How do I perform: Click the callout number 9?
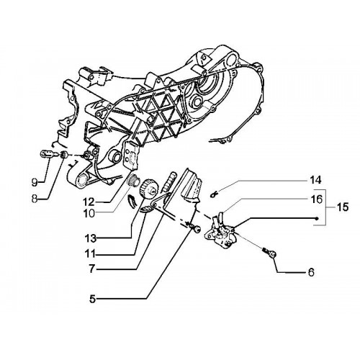click(x=35, y=183)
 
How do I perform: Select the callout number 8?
click(x=35, y=199)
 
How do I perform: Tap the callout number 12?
click(x=89, y=202)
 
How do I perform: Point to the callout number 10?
click(x=89, y=213)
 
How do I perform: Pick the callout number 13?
click(x=90, y=238)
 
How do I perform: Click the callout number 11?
click(x=90, y=254)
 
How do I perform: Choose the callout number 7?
click(x=92, y=269)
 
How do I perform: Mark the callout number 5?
click(x=93, y=300)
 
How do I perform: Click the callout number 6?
click(x=311, y=272)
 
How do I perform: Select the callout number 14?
click(x=315, y=180)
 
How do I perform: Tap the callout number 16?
click(x=317, y=199)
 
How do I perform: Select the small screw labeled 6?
click(x=270, y=253)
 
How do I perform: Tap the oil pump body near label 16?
click(x=220, y=230)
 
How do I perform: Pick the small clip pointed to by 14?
click(x=214, y=194)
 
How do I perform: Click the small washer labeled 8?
click(x=64, y=155)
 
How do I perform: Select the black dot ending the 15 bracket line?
click(x=317, y=218)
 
